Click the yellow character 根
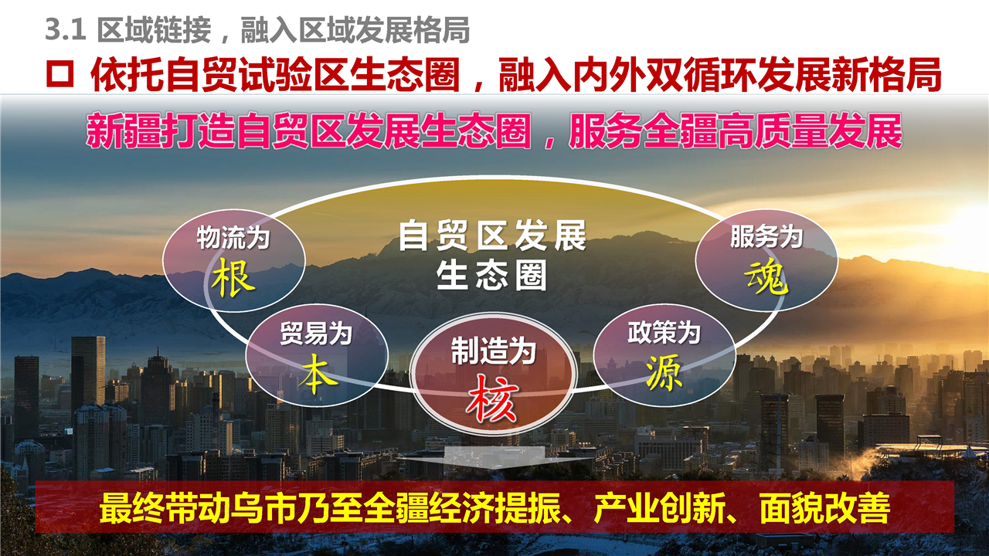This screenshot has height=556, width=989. coord(233,278)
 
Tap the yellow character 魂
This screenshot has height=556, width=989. coord(766,276)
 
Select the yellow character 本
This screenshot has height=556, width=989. coord(317,373)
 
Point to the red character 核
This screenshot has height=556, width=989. coord(492,398)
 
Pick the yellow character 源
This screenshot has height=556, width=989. coord(664,372)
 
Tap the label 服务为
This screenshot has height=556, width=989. coord(766,236)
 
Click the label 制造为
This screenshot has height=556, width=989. coord(493,351)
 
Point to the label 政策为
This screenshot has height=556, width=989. coord(664,332)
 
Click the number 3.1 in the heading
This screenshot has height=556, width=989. coord(66,30)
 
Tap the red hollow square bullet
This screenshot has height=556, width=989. coord(59,73)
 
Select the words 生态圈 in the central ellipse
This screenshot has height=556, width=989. coord(491,275)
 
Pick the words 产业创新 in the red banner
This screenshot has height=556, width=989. coord(660,508)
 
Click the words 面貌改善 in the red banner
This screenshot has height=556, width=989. coord(824,508)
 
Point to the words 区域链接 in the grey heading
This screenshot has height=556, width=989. coord(154,30)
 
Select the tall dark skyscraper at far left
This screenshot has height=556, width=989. coord(88,375)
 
